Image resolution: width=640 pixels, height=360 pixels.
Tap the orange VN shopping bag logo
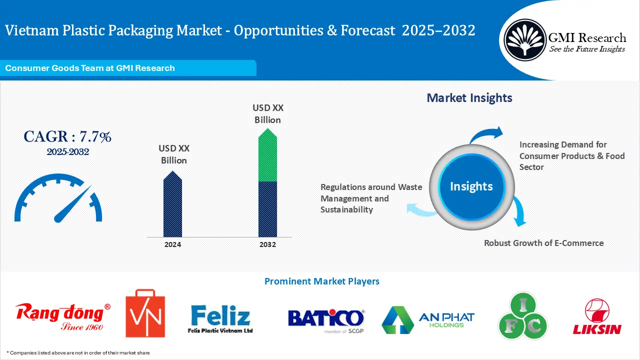click(x=145, y=313)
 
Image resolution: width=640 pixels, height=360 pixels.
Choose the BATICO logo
click(x=326, y=319)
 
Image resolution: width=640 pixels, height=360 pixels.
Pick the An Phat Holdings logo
click(x=427, y=319)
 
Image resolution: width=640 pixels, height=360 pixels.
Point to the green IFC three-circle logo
click(x=523, y=316)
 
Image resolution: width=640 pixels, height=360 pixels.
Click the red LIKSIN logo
click(x=597, y=316)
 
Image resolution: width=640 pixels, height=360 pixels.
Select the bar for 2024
click(x=172, y=205)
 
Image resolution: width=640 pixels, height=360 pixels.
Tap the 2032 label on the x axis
click(x=267, y=244)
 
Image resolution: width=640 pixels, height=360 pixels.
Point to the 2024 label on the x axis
click(x=172, y=244)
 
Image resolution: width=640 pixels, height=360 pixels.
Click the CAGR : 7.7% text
click(x=67, y=136)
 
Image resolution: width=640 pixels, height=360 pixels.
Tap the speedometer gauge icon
click(x=58, y=199)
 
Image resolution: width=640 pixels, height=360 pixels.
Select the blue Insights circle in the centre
click(x=471, y=186)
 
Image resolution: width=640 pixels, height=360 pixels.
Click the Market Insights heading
click(x=469, y=98)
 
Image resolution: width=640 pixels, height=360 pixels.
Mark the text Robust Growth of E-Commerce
click(x=543, y=243)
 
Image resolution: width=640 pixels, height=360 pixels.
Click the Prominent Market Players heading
click(x=321, y=281)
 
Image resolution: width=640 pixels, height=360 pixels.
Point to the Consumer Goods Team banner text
click(x=90, y=68)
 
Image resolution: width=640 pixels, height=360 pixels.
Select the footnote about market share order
click(x=78, y=352)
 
